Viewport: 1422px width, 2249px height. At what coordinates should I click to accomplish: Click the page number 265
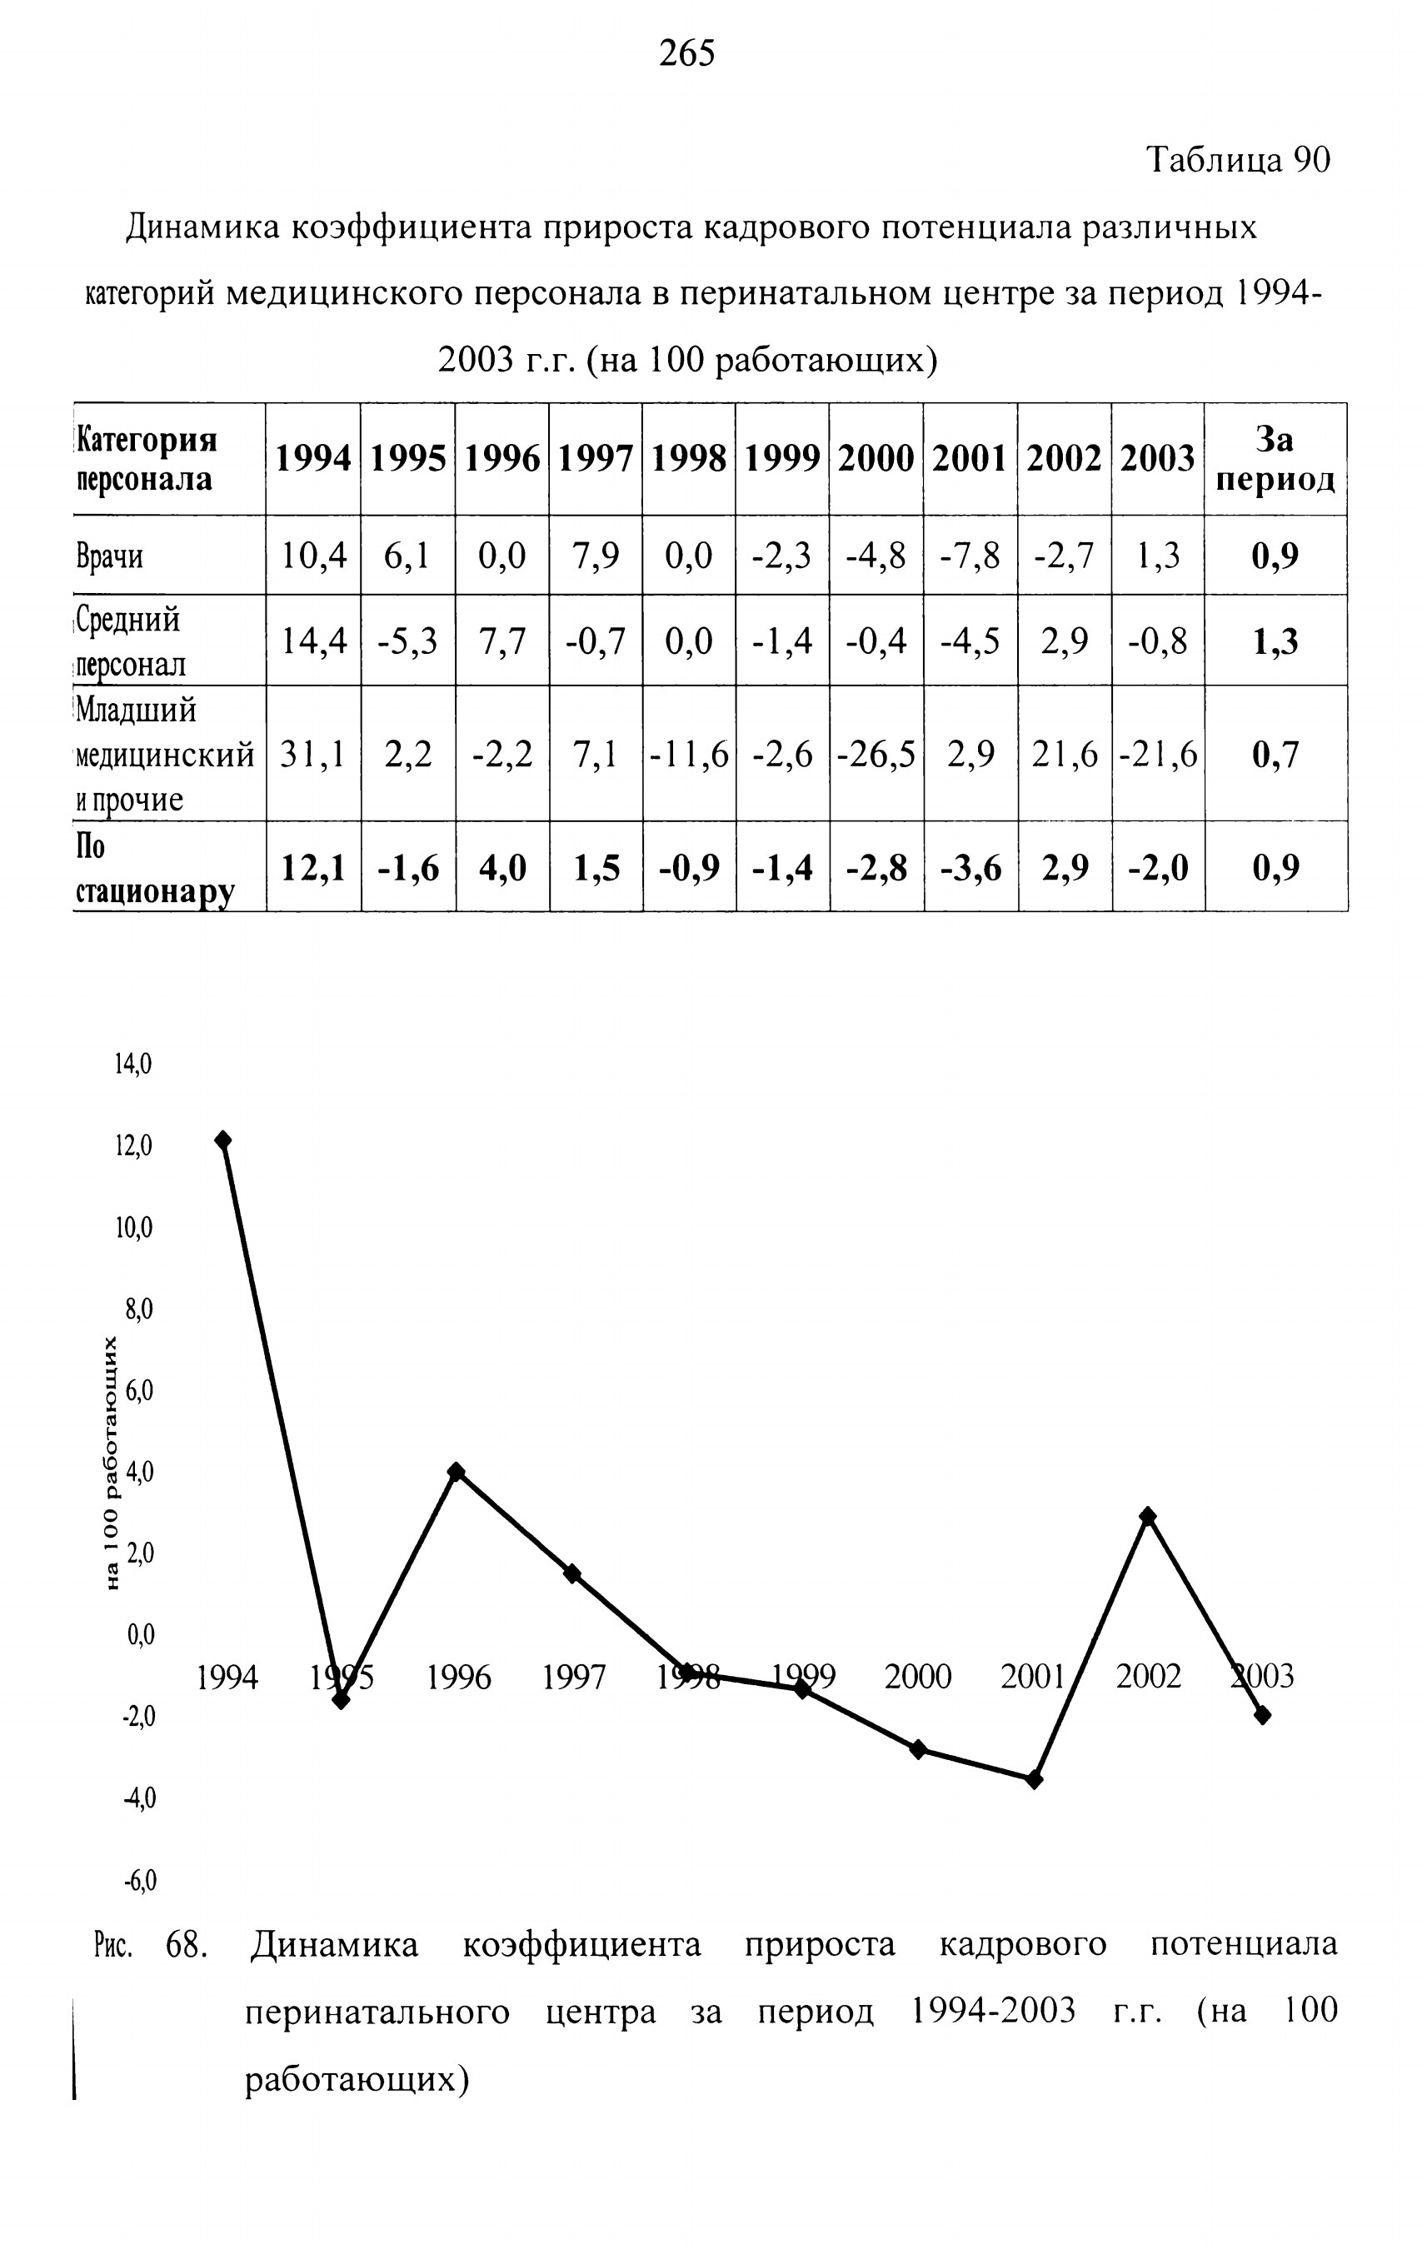click(686, 53)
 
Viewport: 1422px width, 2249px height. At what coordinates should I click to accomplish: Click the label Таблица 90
click(1238, 160)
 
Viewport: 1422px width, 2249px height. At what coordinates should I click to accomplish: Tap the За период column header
click(1275, 459)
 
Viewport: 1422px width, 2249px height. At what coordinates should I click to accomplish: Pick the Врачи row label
click(110, 556)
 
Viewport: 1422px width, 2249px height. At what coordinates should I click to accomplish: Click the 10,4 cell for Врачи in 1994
click(314, 556)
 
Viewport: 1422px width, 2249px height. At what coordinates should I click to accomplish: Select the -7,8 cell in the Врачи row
click(970, 556)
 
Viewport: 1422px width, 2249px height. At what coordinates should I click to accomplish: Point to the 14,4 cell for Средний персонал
click(314, 641)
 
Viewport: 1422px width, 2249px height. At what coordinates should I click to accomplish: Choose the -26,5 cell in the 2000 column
click(876, 754)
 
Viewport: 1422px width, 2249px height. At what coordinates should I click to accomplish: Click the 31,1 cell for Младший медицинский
click(314, 754)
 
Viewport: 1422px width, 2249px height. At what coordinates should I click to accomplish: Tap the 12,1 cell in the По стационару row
click(314, 869)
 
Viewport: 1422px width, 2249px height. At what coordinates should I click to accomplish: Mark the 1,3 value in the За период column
click(1275, 641)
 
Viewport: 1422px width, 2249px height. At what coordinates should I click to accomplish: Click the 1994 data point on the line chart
click(223, 1139)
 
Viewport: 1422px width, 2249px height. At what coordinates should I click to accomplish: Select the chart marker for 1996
click(456, 1472)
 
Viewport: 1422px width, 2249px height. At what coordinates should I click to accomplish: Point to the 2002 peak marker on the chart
click(1148, 1516)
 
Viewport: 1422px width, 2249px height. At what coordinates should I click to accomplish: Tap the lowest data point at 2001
click(1033, 1780)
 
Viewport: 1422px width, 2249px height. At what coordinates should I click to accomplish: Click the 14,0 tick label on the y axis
click(133, 1064)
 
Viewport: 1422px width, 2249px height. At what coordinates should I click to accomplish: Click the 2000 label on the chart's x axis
click(918, 1677)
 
